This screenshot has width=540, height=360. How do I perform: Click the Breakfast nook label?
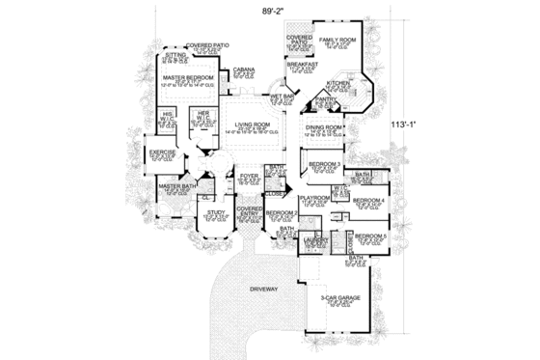(x=303, y=65)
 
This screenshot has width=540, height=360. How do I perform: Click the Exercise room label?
(x=160, y=152)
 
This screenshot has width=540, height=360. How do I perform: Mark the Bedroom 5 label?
(x=369, y=235)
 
